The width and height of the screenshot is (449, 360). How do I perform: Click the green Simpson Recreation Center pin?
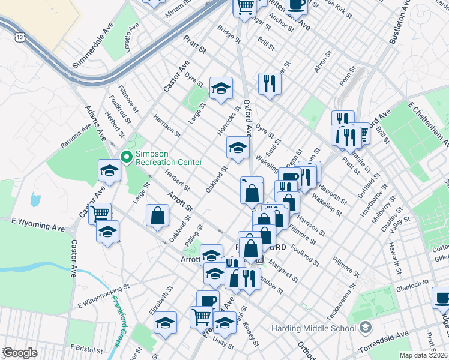[x=126, y=157]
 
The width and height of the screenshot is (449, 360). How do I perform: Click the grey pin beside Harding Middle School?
[x=365, y=328]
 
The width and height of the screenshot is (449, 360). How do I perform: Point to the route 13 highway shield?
[x=20, y=37]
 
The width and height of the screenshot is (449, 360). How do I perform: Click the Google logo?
[x=19, y=352]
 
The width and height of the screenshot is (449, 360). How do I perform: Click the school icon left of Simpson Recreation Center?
[x=110, y=170]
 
